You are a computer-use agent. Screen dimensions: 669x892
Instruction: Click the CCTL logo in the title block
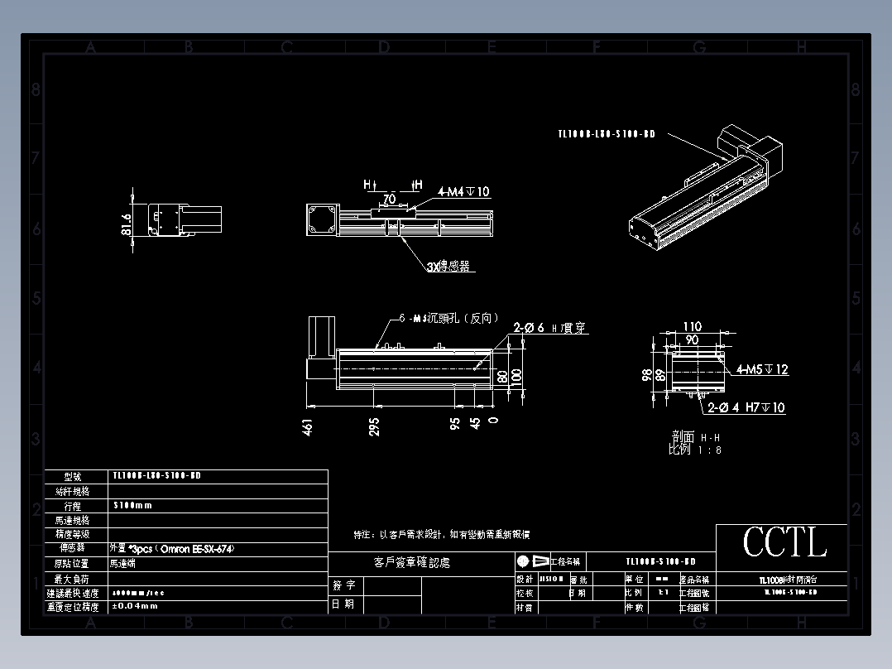coord(784,543)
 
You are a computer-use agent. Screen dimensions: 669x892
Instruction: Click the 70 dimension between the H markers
coord(388,199)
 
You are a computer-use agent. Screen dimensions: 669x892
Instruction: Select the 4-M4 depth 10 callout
coord(463,191)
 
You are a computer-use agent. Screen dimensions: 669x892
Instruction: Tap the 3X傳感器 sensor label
coord(448,267)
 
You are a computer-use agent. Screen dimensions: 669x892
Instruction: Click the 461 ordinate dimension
coord(308,427)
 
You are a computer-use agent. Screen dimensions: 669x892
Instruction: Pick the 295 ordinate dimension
coord(374,427)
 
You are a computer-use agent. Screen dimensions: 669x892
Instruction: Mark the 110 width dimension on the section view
coord(692,327)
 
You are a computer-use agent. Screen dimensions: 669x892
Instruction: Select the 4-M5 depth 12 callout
coord(762,369)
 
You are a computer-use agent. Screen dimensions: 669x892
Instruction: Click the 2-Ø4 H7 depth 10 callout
coord(746,407)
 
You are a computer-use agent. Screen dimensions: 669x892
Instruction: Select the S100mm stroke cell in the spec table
coord(132,505)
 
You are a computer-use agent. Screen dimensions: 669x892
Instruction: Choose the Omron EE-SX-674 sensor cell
coord(165,548)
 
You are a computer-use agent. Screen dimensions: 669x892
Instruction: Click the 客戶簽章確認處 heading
coord(412,563)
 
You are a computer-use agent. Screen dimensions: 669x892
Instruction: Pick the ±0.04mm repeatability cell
coord(136,606)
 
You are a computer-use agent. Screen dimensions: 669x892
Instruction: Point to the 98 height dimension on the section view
coord(646,374)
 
